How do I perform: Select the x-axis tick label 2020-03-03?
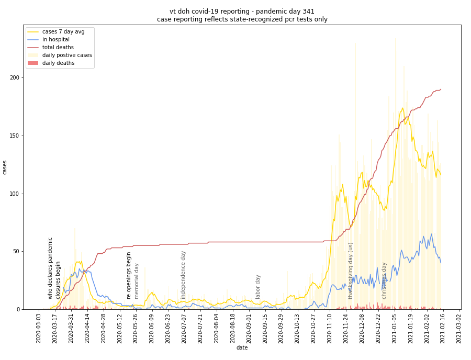coord(39,328)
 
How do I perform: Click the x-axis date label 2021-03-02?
coord(459,328)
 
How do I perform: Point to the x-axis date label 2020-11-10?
coord(330,328)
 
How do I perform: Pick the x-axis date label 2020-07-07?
coord(184,328)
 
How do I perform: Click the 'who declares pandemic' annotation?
coord(51,268)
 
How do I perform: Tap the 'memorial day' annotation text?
coord(137,281)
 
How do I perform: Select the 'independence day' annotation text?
coord(184,275)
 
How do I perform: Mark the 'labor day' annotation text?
coord(258,287)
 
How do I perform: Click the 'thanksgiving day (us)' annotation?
coord(351,271)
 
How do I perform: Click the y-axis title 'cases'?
coord(5,167)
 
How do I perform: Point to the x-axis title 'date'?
coord(242,348)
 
